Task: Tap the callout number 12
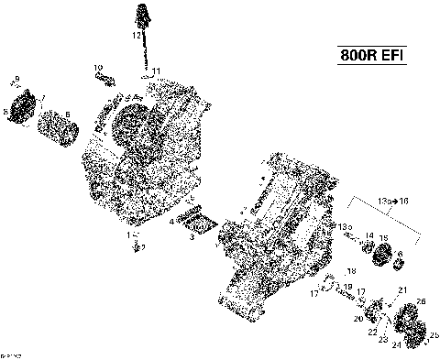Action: pyautogui.click(x=135, y=36)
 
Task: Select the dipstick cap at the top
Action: pyautogui.click(x=143, y=12)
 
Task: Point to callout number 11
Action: pyautogui.click(x=157, y=71)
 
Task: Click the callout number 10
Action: pyautogui.click(x=97, y=68)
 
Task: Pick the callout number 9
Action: pyautogui.click(x=16, y=80)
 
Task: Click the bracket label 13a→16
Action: pyautogui.click(x=392, y=200)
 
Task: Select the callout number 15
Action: pyautogui.click(x=384, y=238)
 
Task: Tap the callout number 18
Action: pyautogui.click(x=350, y=272)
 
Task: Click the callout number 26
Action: pyautogui.click(x=421, y=301)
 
